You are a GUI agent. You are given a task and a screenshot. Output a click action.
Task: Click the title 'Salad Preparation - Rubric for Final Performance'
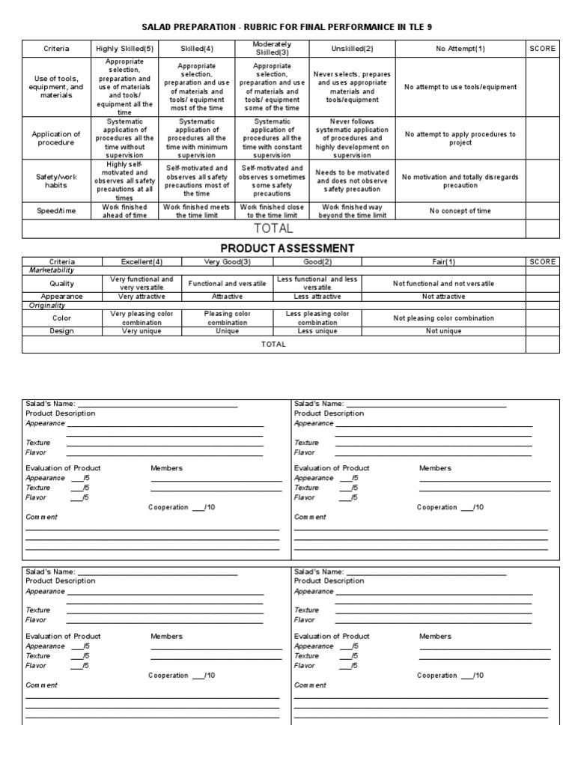tap(287, 27)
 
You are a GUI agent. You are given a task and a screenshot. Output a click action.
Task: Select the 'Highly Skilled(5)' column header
tap(124, 49)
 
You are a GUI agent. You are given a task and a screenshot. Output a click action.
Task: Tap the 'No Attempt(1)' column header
tap(460, 49)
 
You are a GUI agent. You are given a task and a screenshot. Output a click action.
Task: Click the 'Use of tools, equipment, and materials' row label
tap(56, 87)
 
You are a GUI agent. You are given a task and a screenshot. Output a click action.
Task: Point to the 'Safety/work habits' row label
tap(56, 181)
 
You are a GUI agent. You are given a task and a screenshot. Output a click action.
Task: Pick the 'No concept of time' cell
tap(460, 211)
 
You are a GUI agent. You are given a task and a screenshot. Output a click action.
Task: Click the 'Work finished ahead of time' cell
tap(124, 211)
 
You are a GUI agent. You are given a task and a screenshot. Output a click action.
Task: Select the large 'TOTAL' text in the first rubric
tap(274, 228)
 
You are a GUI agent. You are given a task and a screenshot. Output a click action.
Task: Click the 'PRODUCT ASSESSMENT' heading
tap(287, 248)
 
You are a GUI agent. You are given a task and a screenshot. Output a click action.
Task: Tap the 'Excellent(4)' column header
tap(142, 261)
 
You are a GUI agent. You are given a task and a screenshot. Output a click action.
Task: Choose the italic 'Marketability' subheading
tap(53, 270)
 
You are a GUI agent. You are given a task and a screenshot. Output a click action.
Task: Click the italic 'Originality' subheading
tap(49, 306)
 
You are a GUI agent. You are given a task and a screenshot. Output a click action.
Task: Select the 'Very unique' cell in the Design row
tap(142, 331)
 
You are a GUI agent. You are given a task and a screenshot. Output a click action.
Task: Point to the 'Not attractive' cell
tap(443, 296)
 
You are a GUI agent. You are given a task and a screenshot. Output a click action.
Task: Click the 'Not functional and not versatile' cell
tap(443, 284)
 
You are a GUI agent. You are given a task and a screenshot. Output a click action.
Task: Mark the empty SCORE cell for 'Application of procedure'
tap(542, 139)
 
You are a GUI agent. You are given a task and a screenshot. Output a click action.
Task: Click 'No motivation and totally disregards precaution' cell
tap(460, 181)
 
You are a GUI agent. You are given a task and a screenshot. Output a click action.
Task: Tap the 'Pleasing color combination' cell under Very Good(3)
tap(227, 318)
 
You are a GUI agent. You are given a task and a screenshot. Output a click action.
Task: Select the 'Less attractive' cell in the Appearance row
tap(317, 296)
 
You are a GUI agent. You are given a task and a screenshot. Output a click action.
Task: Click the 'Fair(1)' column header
tap(443, 261)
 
